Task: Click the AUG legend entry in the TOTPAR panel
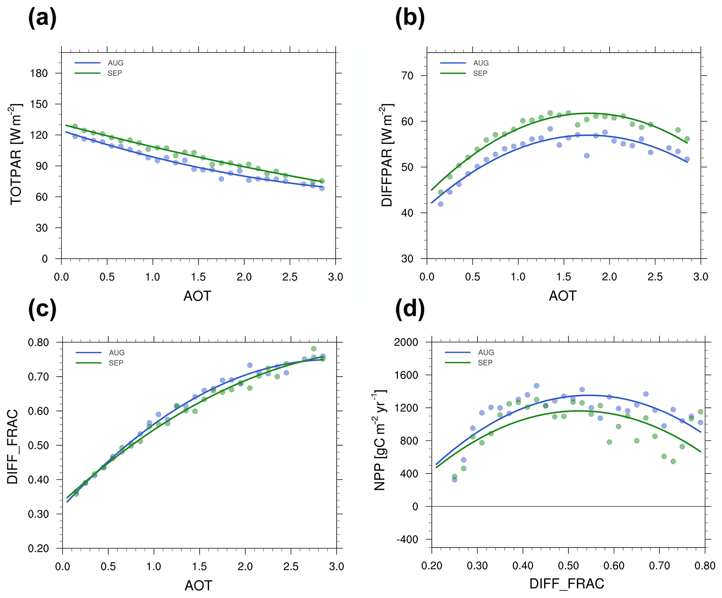pyautogui.click(x=115, y=63)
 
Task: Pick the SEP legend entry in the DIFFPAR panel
pyautogui.click(x=480, y=73)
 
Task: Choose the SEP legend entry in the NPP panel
pyautogui.click(x=485, y=363)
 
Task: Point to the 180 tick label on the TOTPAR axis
pyautogui.click(x=39, y=73)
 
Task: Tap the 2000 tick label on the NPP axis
pyautogui.click(x=406, y=342)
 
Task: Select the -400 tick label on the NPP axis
pyautogui.click(x=407, y=540)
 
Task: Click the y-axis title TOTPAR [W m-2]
pyautogui.click(x=16, y=154)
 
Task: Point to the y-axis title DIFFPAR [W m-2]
pyautogui.click(x=387, y=155)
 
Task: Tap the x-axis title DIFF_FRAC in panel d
pyautogui.click(x=567, y=584)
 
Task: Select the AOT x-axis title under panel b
pyautogui.click(x=562, y=296)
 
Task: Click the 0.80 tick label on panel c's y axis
pyautogui.click(x=38, y=342)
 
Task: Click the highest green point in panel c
pyautogui.click(x=314, y=349)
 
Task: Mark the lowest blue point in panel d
pyautogui.click(x=454, y=480)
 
